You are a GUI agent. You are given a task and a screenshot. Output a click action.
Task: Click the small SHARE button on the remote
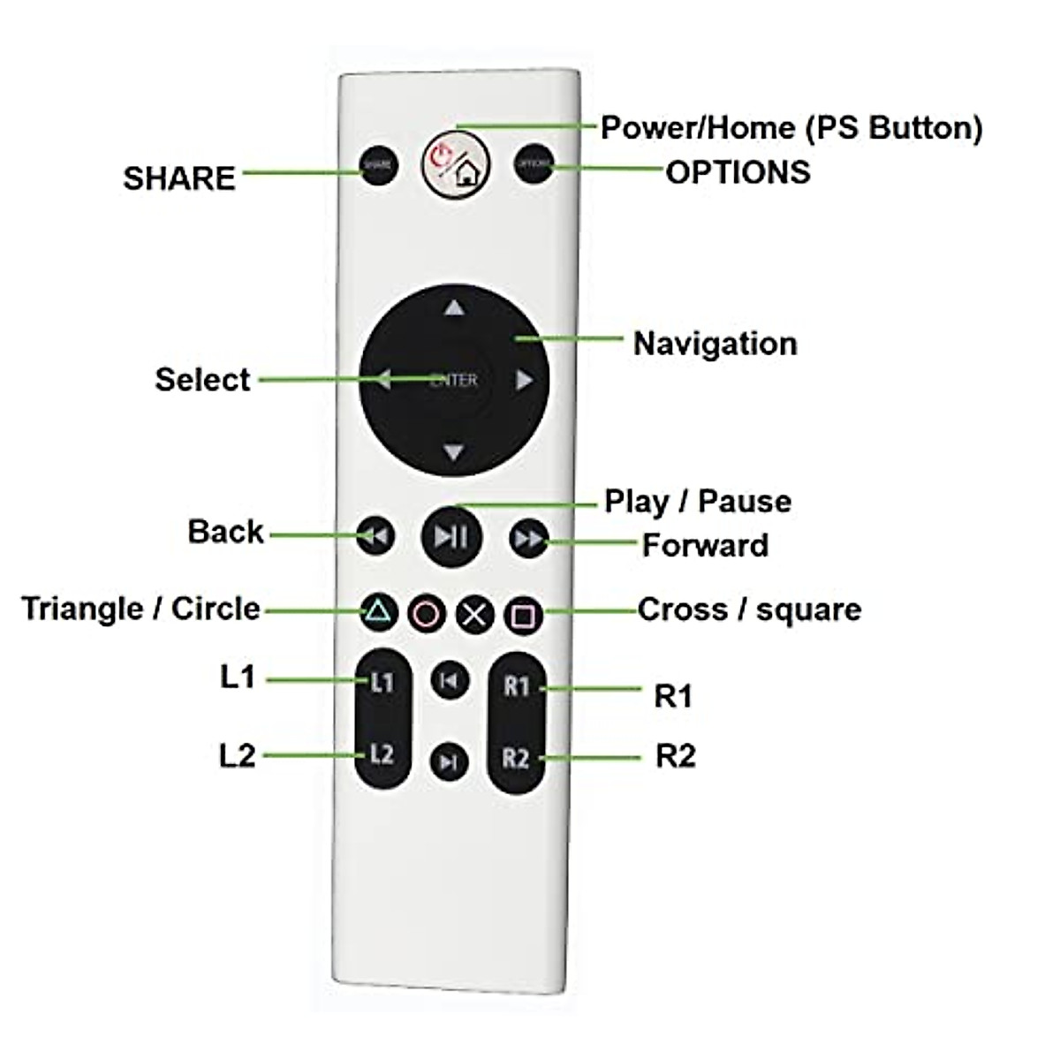(378, 165)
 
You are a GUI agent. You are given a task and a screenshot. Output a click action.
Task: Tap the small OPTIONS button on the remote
(533, 164)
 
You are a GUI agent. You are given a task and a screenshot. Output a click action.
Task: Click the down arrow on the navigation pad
(454, 452)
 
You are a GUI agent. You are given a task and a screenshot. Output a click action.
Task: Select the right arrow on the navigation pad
(524, 380)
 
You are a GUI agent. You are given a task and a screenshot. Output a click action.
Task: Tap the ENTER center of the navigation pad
(454, 380)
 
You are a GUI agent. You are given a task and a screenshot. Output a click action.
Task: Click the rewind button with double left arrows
(376, 536)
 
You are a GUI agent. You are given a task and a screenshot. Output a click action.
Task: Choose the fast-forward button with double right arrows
(528, 538)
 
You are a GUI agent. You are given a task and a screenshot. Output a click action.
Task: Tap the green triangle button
(378, 611)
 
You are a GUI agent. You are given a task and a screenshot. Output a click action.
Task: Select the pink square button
(523, 615)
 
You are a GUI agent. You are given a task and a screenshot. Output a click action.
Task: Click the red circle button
(427, 614)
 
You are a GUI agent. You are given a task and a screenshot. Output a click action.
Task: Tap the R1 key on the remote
(517, 686)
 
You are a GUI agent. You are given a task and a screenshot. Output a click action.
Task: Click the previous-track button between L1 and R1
(450, 680)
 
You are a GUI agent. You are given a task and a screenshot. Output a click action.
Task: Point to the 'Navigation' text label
(715, 344)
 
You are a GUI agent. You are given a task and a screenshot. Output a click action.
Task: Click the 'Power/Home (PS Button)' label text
(791, 128)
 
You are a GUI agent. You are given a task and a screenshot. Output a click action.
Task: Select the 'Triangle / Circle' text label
(141, 609)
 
